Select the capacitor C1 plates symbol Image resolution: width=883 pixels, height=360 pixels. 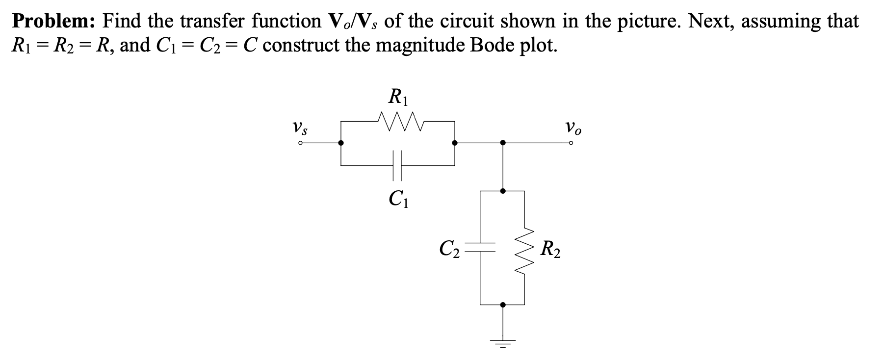[397, 165]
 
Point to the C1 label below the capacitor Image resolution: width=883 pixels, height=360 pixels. [397, 199]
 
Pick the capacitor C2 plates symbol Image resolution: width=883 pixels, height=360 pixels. [480, 247]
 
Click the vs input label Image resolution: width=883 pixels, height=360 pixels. [300, 129]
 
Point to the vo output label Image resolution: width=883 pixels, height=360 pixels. [573, 129]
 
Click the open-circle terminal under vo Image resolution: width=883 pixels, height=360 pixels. [571, 143]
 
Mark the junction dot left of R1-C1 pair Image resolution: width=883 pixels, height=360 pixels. [341, 143]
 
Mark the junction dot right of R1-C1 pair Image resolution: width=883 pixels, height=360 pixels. [455, 143]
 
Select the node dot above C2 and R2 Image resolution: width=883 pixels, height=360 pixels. [502, 191]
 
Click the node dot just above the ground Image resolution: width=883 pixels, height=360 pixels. [502, 305]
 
